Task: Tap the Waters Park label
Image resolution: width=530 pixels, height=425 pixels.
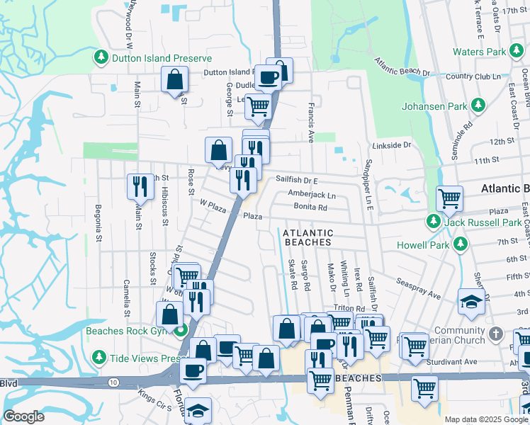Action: pyautogui.click(x=479, y=52)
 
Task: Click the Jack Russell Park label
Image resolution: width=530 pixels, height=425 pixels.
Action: pyautogui.click(x=483, y=222)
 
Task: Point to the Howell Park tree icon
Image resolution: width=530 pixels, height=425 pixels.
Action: pyautogui.click(x=461, y=244)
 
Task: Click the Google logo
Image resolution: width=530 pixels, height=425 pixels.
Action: pyautogui.click(x=24, y=416)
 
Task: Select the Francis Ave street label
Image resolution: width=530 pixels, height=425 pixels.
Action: pyautogui.click(x=311, y=122)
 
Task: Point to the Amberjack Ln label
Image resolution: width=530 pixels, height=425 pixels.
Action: pyautogui.click(x=312, y=194)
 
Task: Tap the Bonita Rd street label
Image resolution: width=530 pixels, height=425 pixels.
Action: pyautogui.click(x=312, y=208)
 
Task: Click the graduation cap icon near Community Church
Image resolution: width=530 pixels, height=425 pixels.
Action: pyautogui.click(x=471, y=302)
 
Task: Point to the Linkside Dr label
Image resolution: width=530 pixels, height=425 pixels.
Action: pyautogui.click(x=396, y=145)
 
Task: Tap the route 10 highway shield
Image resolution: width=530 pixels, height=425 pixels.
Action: pyautogui.click(x=113, y=382)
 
